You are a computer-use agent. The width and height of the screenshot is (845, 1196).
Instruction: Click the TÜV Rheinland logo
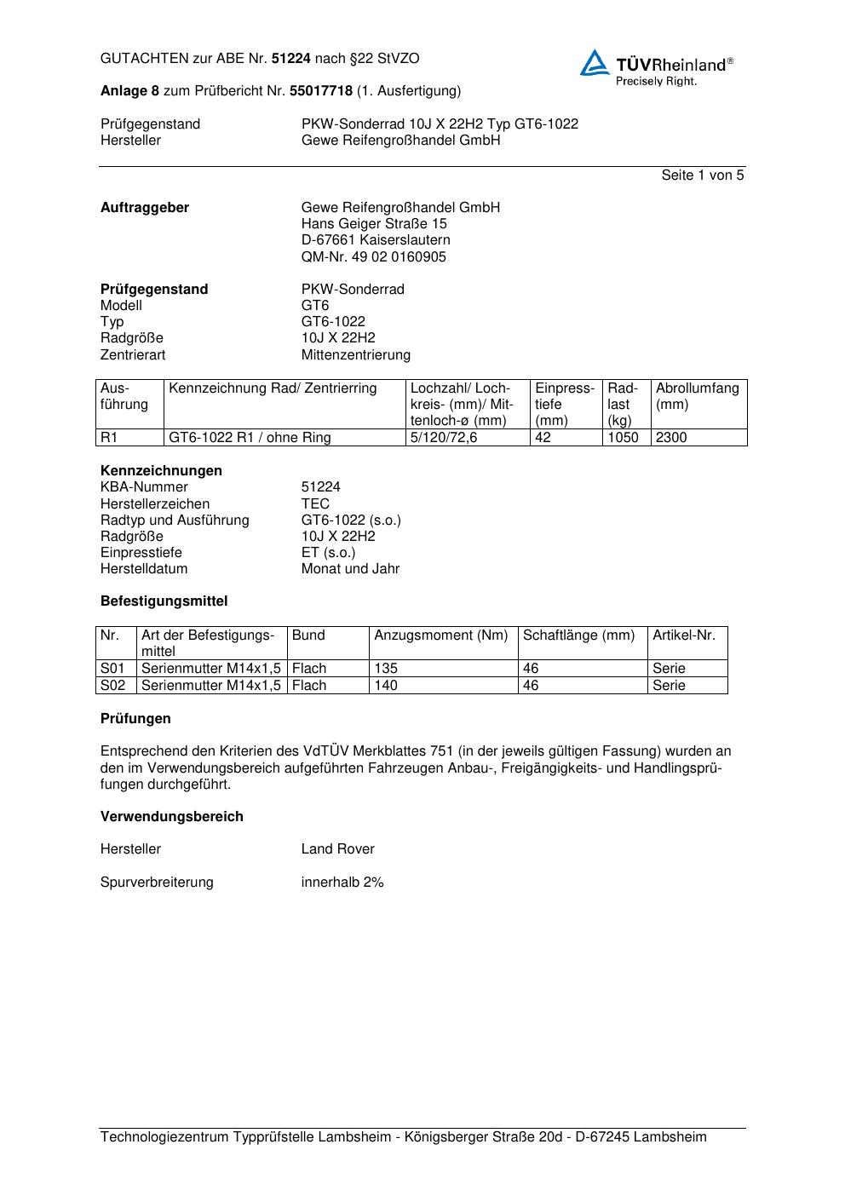point(656,66)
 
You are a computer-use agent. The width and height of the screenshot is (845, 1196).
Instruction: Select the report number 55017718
point(321,91)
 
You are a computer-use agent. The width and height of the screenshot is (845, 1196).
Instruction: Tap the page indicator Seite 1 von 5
point(702,175)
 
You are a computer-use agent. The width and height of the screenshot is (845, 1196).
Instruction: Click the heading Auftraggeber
point(145,208)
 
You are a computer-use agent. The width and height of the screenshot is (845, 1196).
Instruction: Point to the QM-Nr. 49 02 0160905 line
point(373,257)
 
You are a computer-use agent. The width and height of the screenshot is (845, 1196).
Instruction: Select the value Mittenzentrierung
point(355,355)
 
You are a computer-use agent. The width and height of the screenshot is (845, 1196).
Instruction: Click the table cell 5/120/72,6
point(444,438)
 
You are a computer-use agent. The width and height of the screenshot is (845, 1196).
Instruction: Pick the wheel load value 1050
point(623,438)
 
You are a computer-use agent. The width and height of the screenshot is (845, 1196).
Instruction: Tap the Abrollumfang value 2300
point(671,438)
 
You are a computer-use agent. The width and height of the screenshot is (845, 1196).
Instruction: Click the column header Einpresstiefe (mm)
point(564,405)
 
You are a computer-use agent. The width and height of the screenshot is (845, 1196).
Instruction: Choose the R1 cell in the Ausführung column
point(109,438)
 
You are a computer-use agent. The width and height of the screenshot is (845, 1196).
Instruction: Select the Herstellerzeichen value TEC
point(315,504)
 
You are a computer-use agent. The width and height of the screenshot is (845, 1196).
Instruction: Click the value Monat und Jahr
point(350,569)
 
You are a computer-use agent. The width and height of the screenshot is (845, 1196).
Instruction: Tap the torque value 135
point(386,669)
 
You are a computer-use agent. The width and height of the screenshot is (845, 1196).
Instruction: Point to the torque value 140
point(386,685)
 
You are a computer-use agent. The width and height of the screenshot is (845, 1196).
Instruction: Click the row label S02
point(112,685)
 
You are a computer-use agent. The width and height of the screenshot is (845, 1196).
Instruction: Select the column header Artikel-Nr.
point(684,635)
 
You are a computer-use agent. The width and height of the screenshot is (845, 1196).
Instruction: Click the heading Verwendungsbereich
point(172,817)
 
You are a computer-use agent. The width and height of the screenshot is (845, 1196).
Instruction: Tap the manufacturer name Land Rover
point(337,849)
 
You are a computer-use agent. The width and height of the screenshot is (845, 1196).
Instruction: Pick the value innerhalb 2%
point(342,883)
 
